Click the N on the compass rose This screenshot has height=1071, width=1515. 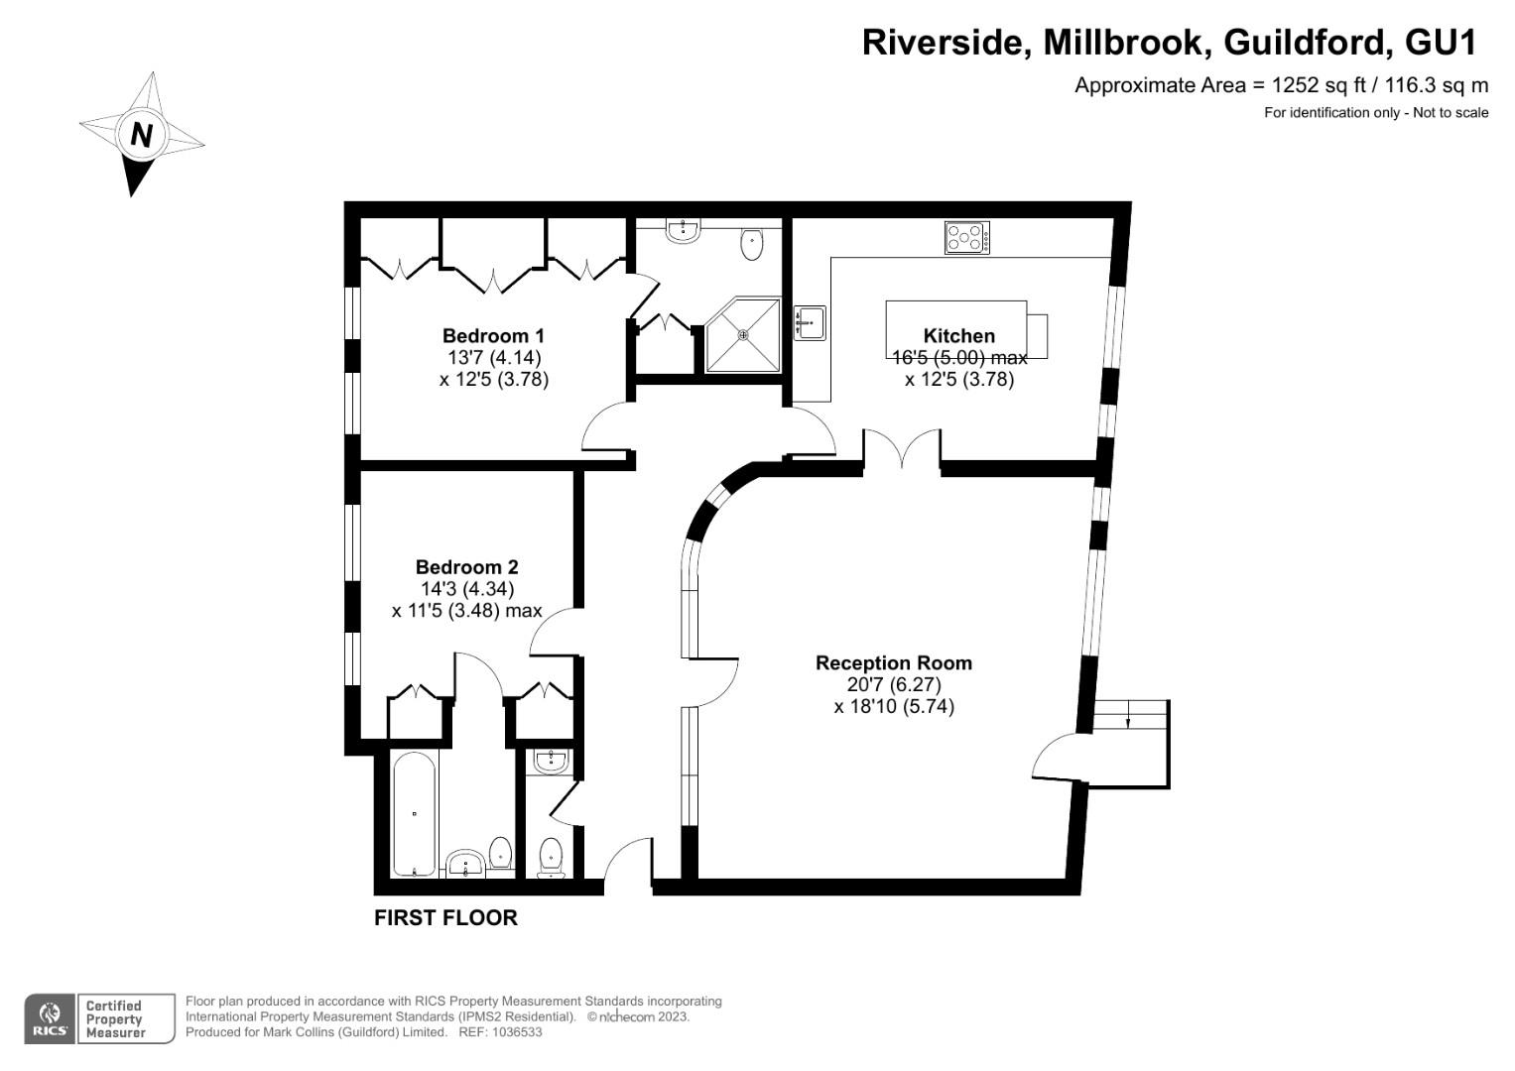click(141, 135)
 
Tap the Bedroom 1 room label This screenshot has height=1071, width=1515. click(493, 335)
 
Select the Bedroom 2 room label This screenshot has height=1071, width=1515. click(466, 567)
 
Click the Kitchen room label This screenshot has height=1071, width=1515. click(958, 335)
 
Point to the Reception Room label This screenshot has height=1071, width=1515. click(893, 662)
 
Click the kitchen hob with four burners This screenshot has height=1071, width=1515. click(966, 238)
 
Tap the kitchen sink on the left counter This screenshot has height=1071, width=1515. click(809, 322)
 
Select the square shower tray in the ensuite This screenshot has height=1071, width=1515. click(743, 335)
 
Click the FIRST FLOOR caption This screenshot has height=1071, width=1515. click(445, 918)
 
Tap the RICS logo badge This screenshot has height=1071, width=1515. click(49, 1018)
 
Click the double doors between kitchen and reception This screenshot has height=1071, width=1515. click(902, 448)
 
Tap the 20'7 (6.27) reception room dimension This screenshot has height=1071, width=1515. click(893, 684)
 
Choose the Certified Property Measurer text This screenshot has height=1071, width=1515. click(114, 1019)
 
